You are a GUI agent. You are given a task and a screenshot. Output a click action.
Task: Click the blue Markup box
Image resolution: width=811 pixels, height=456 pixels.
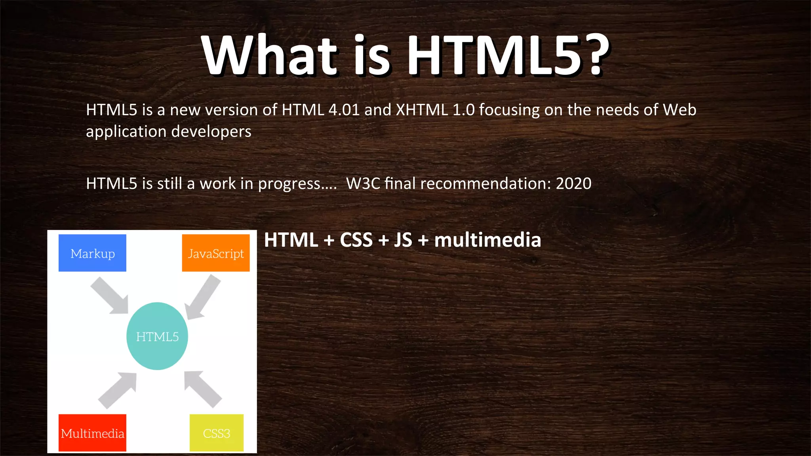[92, 253]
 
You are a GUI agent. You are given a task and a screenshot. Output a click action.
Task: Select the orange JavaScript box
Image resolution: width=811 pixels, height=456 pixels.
[216, 253]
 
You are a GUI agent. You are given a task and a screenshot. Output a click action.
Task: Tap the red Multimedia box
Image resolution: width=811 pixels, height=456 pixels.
[92, 433]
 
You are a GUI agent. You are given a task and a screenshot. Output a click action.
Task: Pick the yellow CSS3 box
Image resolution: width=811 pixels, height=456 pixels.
[217, 433]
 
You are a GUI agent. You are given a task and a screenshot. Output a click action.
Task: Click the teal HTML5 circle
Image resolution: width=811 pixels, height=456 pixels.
[157, 336]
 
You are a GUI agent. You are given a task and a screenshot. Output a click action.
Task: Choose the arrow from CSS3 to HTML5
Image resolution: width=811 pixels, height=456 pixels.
[202, 389]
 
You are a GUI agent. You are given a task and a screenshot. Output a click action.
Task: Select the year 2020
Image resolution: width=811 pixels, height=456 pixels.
[573, 184]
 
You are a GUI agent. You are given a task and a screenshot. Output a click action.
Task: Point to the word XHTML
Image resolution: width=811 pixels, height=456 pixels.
[422, 110]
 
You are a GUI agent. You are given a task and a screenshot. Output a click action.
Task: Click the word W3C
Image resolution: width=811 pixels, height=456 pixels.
[363, 184]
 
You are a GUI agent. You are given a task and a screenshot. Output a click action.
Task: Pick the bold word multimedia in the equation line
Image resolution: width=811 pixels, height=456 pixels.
[487, 240]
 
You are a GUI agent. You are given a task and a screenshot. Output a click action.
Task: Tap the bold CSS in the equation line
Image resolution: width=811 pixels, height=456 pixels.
[356, 240]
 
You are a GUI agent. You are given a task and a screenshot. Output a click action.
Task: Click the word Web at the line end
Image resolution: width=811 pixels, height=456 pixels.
[680, 110]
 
